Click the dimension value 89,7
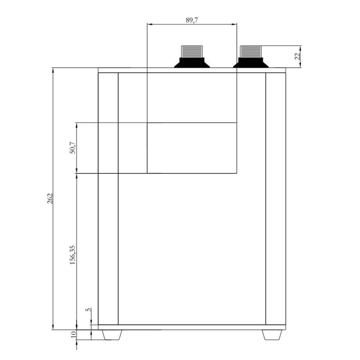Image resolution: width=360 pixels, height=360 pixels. pos(192,20)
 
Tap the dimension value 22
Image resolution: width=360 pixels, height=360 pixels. pos(297,57)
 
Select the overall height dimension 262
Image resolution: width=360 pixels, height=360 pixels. pos(50,198)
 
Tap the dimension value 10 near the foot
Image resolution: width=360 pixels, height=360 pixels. pos(73,334)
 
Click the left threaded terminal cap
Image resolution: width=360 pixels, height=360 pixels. pos(192,51)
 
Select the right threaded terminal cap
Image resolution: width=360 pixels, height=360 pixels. pos(250,51)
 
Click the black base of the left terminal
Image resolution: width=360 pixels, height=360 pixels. pos(192,63)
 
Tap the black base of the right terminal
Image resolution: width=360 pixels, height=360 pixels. pos(250,63)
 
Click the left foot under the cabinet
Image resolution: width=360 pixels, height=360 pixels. pos(112,335)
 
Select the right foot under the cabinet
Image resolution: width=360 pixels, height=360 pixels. pos(272,335)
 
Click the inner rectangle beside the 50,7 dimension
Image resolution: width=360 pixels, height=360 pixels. pos(192,148)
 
